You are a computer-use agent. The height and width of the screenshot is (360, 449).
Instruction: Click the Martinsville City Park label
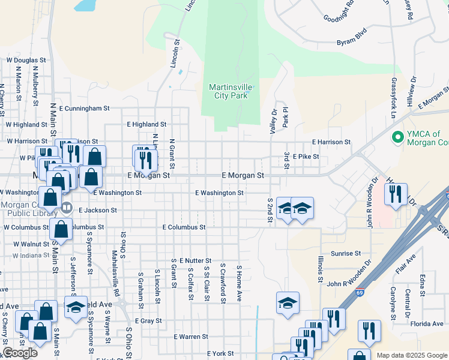coord(231,91)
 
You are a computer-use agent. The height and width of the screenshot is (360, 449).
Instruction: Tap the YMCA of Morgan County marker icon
coord(396,138)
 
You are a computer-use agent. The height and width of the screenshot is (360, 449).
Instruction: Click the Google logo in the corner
coord(19,353)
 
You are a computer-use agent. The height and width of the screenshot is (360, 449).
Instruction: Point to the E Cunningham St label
coord(85,109)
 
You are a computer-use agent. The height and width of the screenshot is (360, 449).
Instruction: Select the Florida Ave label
coord(427,324)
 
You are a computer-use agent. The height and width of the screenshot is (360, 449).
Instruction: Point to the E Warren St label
coord(191,337)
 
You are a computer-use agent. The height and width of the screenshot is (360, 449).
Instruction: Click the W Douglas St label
coord(26,61)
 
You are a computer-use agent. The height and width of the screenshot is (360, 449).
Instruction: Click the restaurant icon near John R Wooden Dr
coord(396,194)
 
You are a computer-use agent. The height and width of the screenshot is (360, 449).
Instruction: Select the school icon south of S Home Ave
coord(288,303)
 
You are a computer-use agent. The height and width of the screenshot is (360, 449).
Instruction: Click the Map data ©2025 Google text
coord(412,355)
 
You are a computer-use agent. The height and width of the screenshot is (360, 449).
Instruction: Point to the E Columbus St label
coord(184,227)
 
